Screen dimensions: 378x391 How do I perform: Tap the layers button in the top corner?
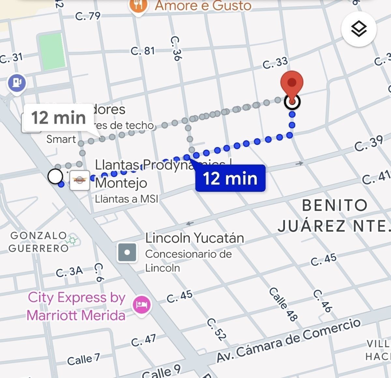(359, 29)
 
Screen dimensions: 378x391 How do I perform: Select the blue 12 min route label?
(230, 178)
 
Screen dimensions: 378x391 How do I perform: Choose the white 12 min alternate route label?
(59, 118)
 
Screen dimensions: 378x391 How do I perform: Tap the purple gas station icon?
(17, 83)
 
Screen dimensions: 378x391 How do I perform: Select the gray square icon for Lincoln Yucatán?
(127, 252)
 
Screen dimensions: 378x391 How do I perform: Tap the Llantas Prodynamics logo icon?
(80, 180)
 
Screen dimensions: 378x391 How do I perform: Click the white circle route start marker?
(55, 176)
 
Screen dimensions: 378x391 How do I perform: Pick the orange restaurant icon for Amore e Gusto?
(139, 6)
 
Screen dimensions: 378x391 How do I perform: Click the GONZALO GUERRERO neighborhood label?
(38, 241)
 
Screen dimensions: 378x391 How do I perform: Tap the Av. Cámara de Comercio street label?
(289, 341)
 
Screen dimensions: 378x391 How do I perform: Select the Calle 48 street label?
(283, 304)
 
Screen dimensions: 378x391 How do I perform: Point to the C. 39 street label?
(369, 143)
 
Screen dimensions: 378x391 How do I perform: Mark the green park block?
(52, 51)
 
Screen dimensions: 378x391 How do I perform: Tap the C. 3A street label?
(69, 271)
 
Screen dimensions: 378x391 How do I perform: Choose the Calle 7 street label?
(83, 359)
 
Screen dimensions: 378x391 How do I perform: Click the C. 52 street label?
(216, 329)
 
